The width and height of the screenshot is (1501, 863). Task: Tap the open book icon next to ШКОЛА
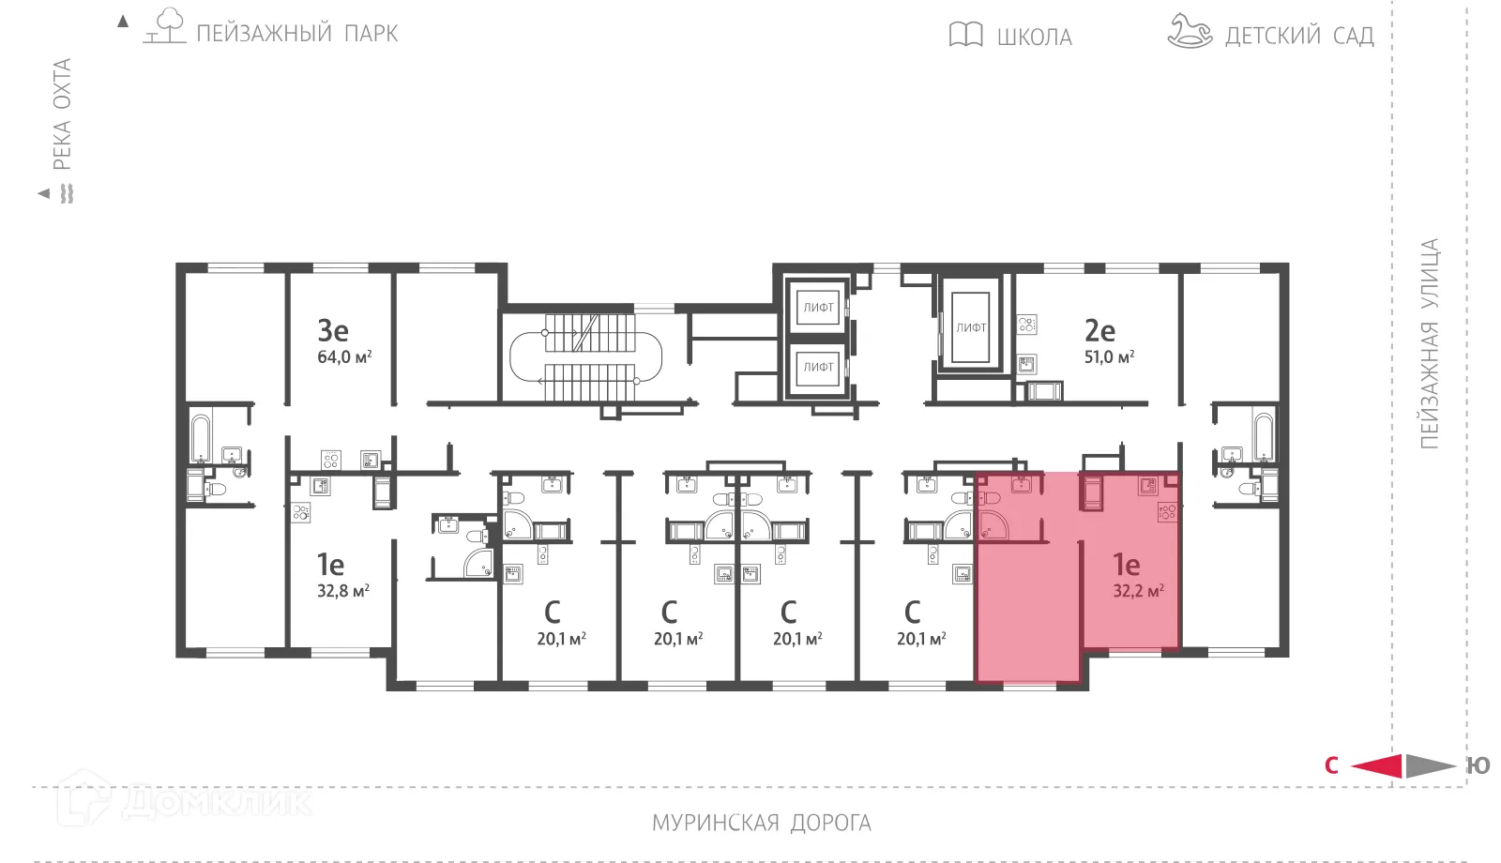[965, 35]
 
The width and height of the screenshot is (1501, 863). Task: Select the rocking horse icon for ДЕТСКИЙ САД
[1190, 31]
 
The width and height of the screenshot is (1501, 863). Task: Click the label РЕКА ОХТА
[62, 114]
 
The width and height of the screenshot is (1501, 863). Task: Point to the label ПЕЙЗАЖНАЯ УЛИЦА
[1429, 343]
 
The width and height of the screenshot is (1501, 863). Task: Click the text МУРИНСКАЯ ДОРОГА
[761, 823]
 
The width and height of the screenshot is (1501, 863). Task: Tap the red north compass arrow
[1376, 765]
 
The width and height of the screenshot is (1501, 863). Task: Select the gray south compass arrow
[1430, 765]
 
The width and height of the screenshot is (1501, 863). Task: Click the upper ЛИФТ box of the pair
[818, 307]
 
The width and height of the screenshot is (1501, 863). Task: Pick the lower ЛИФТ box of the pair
[818, 367]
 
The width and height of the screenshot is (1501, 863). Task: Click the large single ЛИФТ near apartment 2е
[971, 327]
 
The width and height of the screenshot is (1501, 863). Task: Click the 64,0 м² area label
[344, 357]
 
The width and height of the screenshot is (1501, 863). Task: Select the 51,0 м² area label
[1109, 357]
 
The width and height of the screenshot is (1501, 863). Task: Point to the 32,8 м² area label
[342, 591]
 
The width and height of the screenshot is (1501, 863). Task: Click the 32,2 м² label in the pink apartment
[1138, 591]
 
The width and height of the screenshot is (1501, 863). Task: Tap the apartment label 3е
[333, 330]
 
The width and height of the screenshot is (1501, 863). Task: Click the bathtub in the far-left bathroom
[202, 436]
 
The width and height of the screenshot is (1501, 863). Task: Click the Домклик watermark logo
[183, 800]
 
